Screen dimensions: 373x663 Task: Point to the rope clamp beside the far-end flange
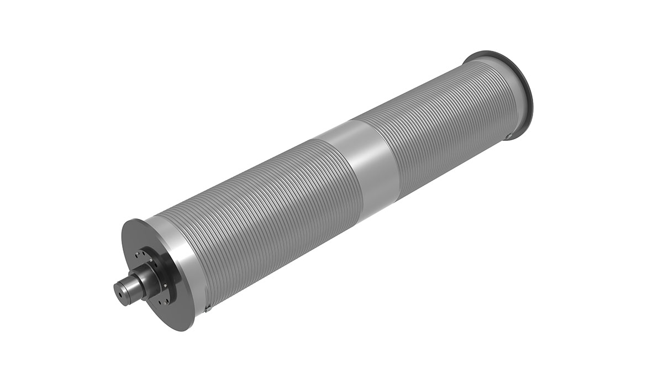[508, 135]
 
